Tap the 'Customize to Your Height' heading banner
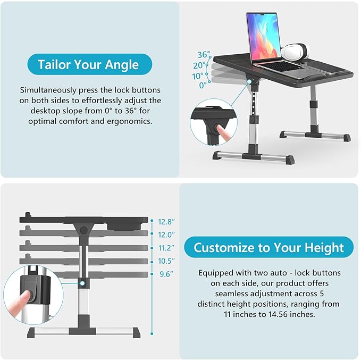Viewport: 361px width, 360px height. point(268,247)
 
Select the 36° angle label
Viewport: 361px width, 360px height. point(204,55)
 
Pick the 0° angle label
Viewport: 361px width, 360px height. point(203,85)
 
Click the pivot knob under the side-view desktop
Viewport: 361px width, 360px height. point(84,230)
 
